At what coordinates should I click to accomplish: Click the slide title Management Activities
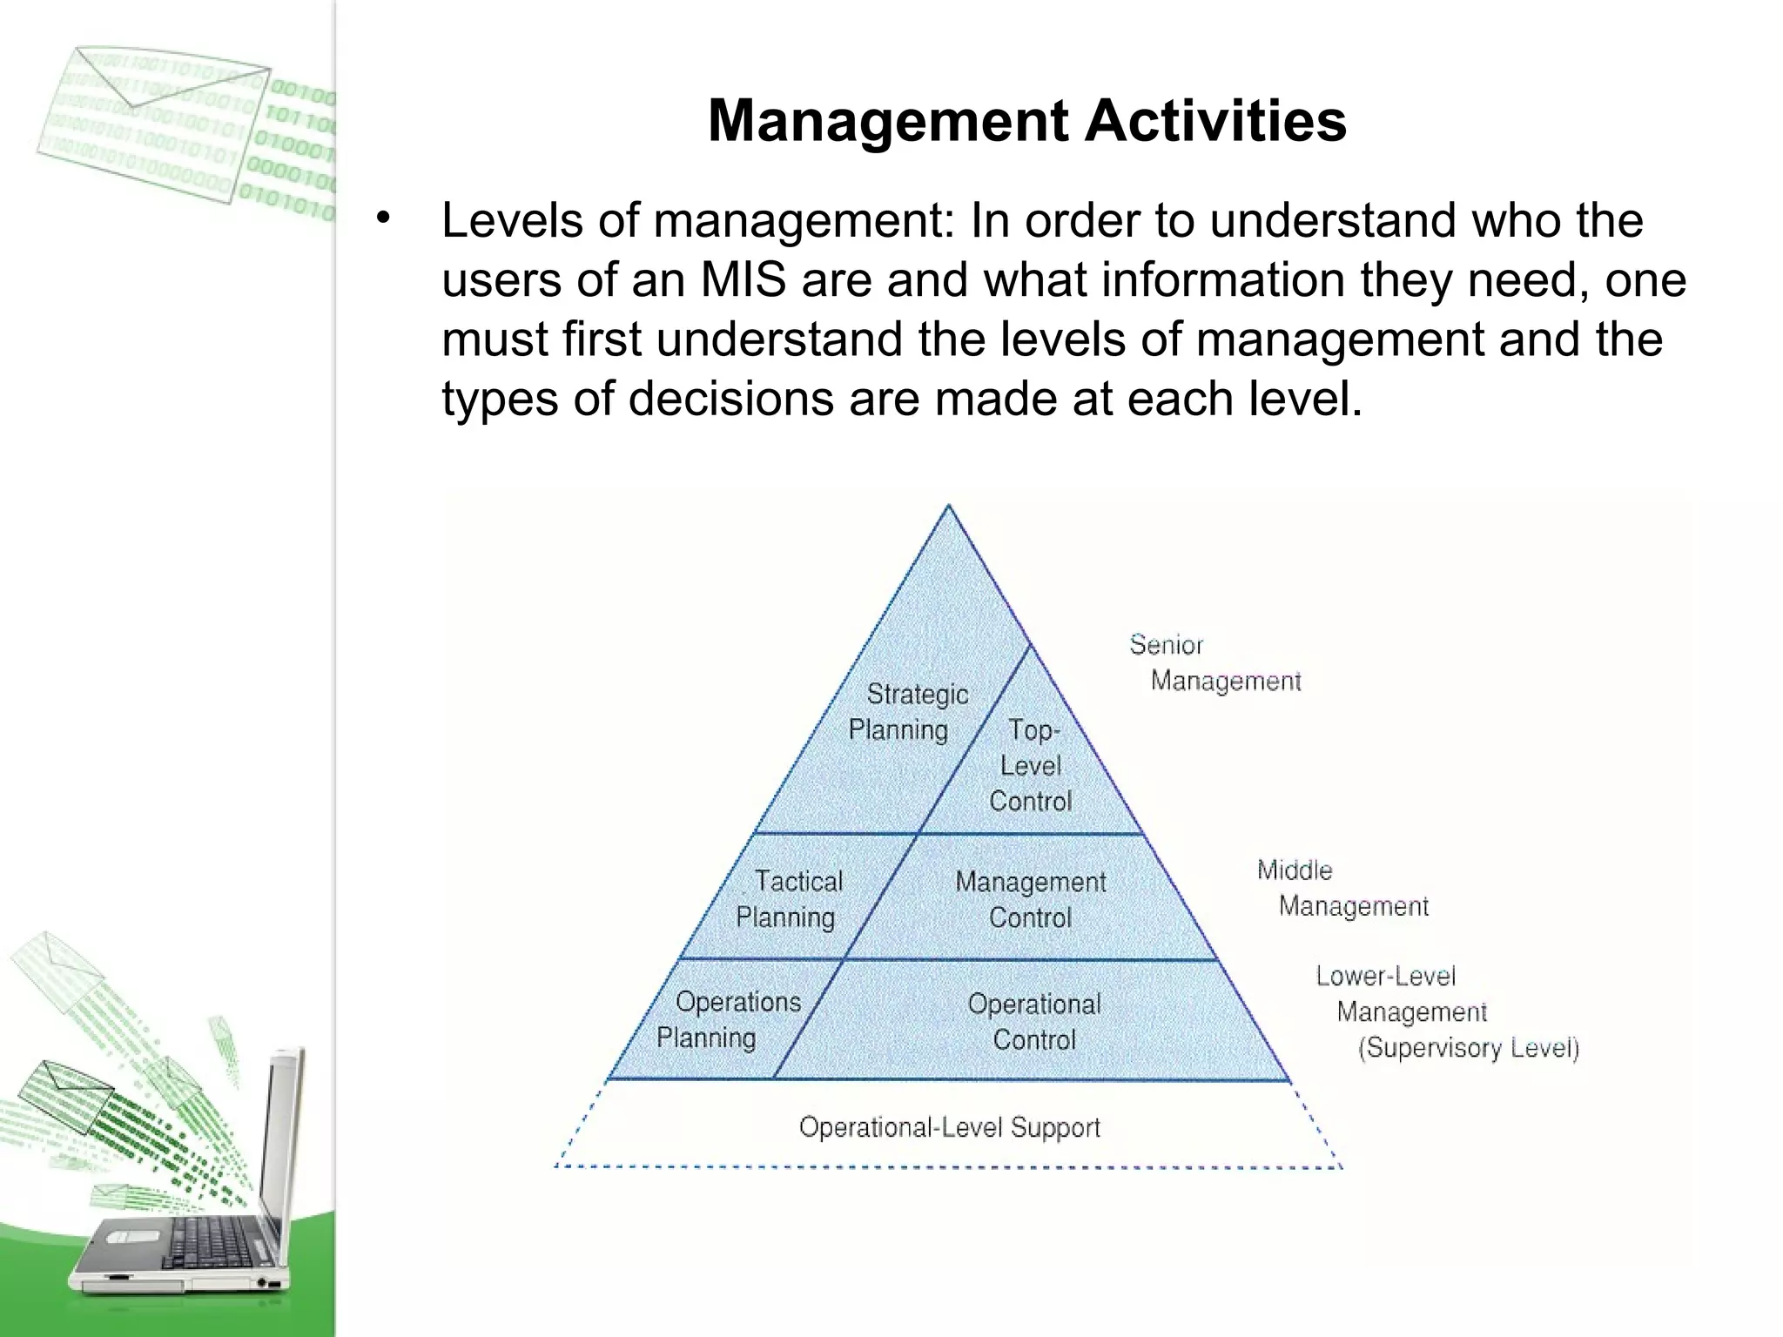pos(1027,121)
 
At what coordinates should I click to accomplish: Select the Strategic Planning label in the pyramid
pos(907,712)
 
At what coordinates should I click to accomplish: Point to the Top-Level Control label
pos(1031,766)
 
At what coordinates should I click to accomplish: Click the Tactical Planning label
pos(789,899)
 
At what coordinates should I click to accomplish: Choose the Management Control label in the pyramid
pos(1030,899)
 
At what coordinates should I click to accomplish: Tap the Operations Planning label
pos(728,1019)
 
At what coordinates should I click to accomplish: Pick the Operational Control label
pos(1034,1022)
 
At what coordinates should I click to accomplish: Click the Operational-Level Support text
pos(949,1128)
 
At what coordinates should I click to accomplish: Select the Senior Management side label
pos(1214,663)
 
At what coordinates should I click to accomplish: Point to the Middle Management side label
pos(1342,889)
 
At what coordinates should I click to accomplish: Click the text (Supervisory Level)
pos(1468,1048)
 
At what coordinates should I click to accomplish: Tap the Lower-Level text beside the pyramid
pos(1385,977)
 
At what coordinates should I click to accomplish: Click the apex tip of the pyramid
pos(949,507)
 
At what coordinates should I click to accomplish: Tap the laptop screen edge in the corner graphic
pos(287,1158)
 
